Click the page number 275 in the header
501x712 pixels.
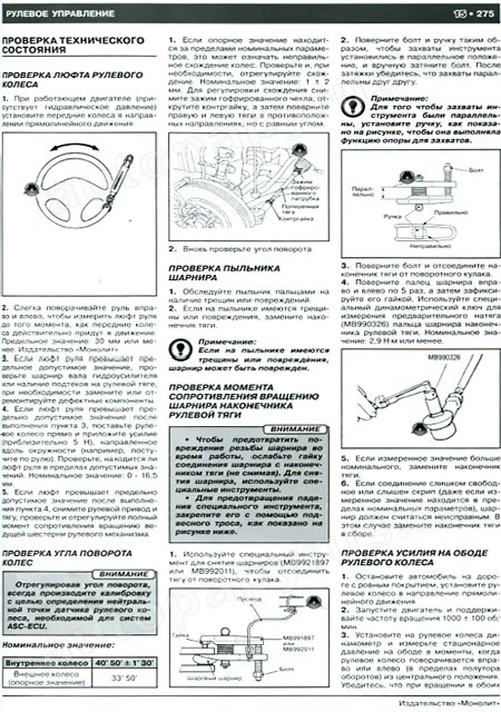(485, 13)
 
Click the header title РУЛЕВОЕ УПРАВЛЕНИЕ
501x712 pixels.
(61, 14)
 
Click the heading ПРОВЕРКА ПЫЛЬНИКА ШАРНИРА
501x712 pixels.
(224, 273)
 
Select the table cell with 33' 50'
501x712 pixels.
(124, 678)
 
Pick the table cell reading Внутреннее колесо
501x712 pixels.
(47, 663)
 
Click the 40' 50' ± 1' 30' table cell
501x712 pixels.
(124, 663)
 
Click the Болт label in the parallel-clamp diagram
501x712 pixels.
(476, 170)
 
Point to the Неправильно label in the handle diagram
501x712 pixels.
(430, 245)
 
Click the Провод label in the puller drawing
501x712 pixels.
(249, 599)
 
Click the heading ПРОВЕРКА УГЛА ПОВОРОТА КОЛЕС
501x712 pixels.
(67, 558)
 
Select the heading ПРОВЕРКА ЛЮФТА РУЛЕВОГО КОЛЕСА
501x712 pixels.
(72, 79)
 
